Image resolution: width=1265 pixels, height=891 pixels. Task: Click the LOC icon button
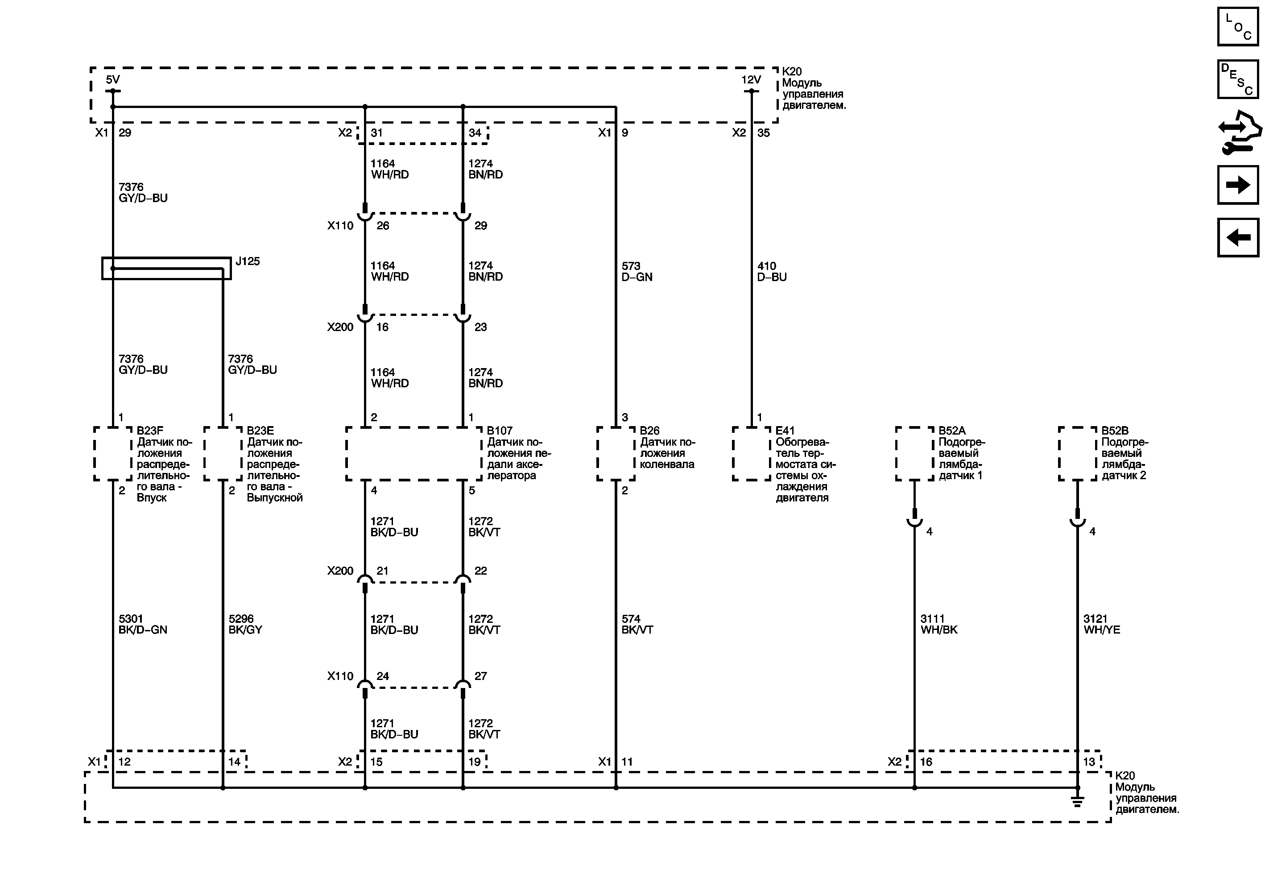pyautogui.click(x=1237, y=26)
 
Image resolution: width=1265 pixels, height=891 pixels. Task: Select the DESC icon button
pyautogui.click(x=1237, y=79)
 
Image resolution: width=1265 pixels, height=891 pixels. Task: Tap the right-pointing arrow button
pyautogui.click(x=1237, y=185)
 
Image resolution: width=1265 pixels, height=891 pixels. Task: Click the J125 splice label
pyautogui.click(x=248, y=261)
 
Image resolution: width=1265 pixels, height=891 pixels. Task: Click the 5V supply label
pyautogui.click(x=112, y=80)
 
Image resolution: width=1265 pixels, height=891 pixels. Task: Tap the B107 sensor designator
pyautogui.click(x=499, y=431)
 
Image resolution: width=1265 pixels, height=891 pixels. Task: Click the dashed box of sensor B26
pyautogui.click(x=616, y=453)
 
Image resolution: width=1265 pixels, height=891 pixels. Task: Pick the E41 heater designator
pyautogui.click(x=785, y=431)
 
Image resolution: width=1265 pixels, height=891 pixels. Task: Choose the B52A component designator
pyautogui.click(x=952, y=431)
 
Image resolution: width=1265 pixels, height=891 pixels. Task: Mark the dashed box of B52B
pyautogui.click(x=1077, y=453)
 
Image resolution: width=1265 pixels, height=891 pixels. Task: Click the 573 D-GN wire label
pyautogui.click(x=637, y=272)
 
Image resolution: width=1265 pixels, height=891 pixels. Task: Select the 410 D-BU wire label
pyautogui.click(x=771, y=272)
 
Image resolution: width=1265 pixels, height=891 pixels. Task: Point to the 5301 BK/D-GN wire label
pyautogui.click(x=143, y=624)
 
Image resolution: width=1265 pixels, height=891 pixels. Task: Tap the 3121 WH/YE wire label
pyautogui.click(x=1101, y=624)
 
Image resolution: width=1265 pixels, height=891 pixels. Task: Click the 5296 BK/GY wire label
pyautogui.click(x=245, y=624)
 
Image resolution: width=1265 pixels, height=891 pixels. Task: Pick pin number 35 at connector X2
pyautogui.click(x=763, y=133)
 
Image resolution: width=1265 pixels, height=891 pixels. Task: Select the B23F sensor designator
pyautogui.click(x=150, y=431)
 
